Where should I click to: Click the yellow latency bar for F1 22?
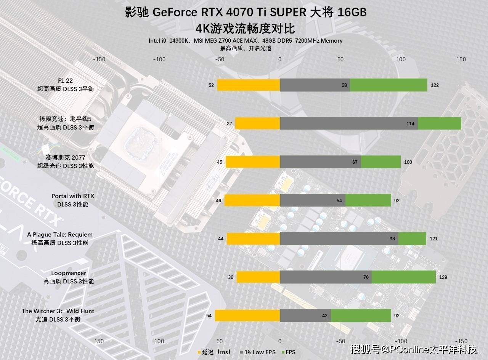tap(249, 85)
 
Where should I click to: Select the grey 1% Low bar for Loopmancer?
tap(326, 277)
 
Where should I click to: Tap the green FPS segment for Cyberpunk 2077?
tap(380, 162)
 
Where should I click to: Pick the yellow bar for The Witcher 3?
tap(247, 315)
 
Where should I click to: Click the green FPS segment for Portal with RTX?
tap(368, 200)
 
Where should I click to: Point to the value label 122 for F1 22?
tap(435, 85)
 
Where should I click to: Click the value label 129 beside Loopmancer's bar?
tap(443, 277)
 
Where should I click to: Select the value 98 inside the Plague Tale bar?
tap(392, 239)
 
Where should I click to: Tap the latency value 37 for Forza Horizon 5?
tap(229, 124)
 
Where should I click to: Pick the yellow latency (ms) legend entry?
tap(214, 352)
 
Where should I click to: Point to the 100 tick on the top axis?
tap(401, 59)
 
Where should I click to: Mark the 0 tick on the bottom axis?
tap(280, 341)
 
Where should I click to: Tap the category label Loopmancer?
tap(69, 273)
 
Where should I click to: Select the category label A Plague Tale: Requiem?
tap(60, 235)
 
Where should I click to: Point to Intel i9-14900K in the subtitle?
tap(168, 41)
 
